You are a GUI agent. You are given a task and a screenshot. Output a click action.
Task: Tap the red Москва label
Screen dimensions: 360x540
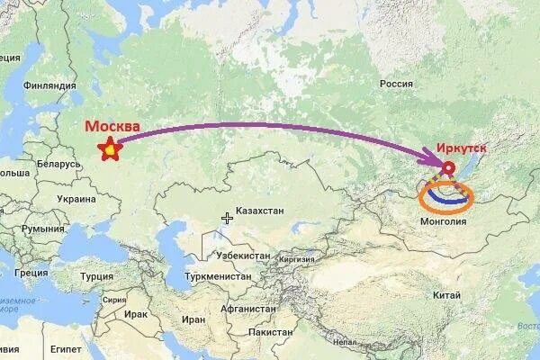coord(112,127)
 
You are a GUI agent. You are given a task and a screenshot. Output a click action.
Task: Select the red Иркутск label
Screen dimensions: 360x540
coord(463,147)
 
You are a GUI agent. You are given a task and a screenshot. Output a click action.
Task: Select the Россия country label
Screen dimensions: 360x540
coord(396,84)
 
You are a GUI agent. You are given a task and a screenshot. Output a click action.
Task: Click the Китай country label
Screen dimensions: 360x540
coord(446,294)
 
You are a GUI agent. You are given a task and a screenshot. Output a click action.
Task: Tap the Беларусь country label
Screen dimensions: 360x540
coord(58,166)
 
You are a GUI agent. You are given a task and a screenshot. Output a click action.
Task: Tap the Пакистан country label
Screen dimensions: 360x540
coord(269,332)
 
